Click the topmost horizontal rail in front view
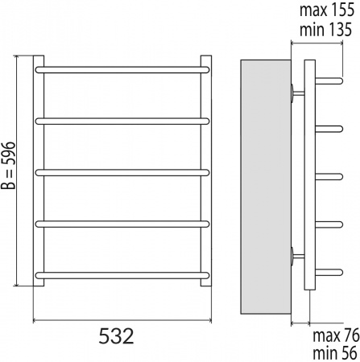(x=122, y=71)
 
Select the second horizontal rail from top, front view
(x=122, y=121)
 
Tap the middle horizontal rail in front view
(x=122, y=171)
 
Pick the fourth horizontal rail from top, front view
(x=122, y=224)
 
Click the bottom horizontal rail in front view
(x=122, y=274)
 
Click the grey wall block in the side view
(x=263, y=187)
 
